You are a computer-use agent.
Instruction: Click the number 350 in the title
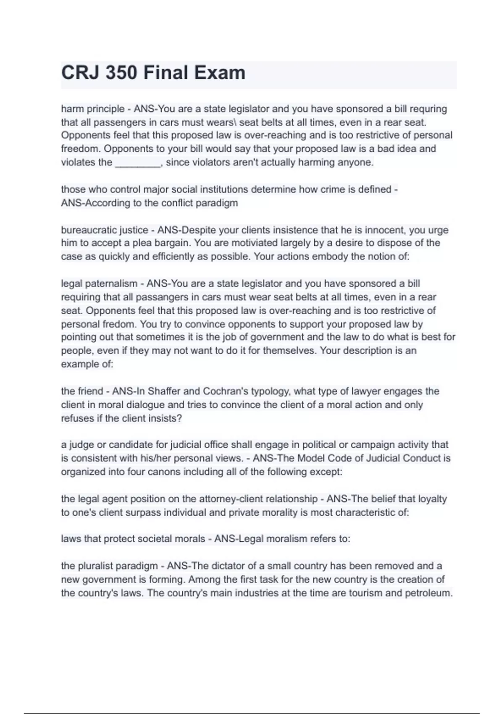pos(121,73)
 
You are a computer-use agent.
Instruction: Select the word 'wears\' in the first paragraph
pos(220,122)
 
